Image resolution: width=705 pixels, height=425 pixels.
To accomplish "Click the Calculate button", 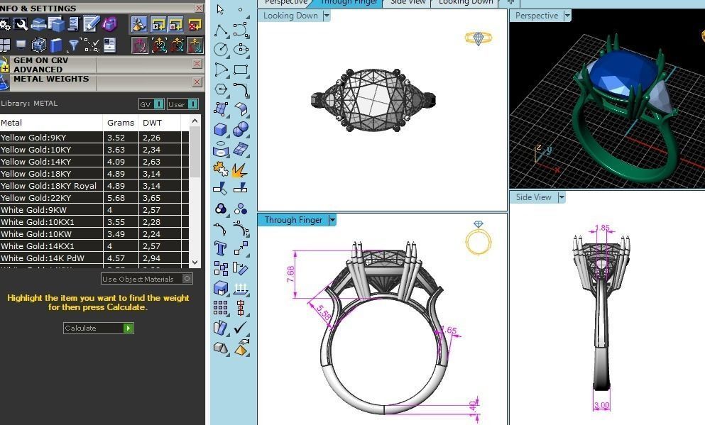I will tap(98, 328).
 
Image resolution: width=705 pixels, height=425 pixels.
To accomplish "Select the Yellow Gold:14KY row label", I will tap(36, 162).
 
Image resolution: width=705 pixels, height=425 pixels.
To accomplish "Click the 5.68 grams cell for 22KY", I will tap(116, 198).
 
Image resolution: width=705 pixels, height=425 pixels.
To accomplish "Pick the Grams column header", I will tap(121, 123).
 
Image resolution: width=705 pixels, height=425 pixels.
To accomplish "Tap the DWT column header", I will tap(152, 123).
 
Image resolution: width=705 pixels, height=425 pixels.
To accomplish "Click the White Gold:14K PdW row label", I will tap(43, 258).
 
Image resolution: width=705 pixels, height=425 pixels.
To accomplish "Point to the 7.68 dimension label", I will tap(290, 274).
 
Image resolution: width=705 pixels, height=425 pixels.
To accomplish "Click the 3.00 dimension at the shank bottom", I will tap(601, 405).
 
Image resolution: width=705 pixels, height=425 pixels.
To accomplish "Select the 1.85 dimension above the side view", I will tap(602, 228).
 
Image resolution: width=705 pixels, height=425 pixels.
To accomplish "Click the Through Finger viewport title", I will tap(293, 220).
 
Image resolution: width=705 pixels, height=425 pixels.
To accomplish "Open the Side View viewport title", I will tap(533, 197).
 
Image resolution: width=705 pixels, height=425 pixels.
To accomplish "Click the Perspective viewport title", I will tap(536, 16).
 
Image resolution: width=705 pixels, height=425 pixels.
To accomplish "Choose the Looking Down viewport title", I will tap(290, 16).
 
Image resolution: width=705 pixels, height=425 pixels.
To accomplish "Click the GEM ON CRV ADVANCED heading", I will tap(41, 65).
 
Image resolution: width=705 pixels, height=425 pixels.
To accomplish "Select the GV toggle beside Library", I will tap(151, 104).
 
